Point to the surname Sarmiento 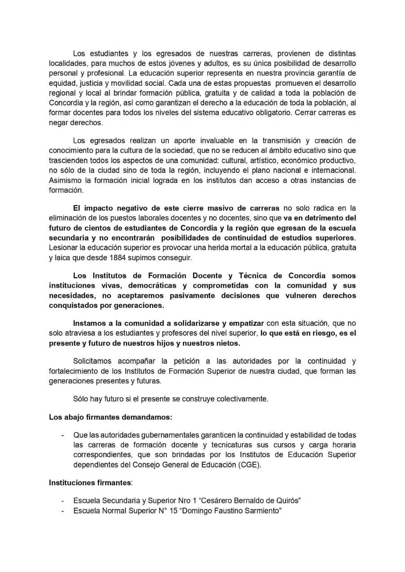click(259, 510)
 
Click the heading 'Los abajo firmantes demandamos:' click(110, 418)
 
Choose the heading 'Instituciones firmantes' click(90, 483)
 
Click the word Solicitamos click(94, 361)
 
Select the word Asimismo click(64, 180)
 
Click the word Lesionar click(64, 247)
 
